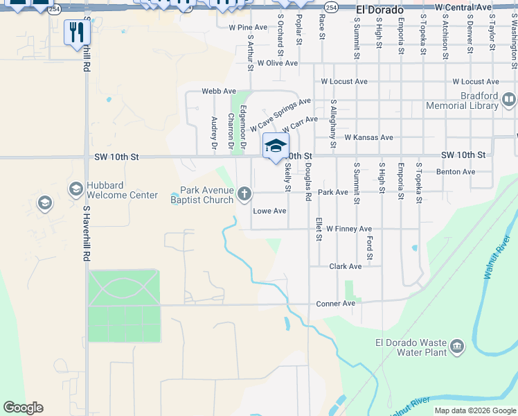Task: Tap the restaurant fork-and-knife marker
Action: [75, 32]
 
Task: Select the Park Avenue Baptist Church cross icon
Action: [244, 194]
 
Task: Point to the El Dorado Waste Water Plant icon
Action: [457, 346]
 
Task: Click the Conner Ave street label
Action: [335, 304]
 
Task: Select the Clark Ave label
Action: [346, 266]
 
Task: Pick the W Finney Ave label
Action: [349, 229]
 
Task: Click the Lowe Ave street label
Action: [269, 211]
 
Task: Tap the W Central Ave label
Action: [463, 7]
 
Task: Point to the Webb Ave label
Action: [219, 91]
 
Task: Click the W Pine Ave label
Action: [248, 28]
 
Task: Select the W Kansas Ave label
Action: [368, 137]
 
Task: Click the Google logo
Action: [23, 408]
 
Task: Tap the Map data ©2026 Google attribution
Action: [474, 410]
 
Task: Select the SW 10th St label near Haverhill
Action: [116, 157]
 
